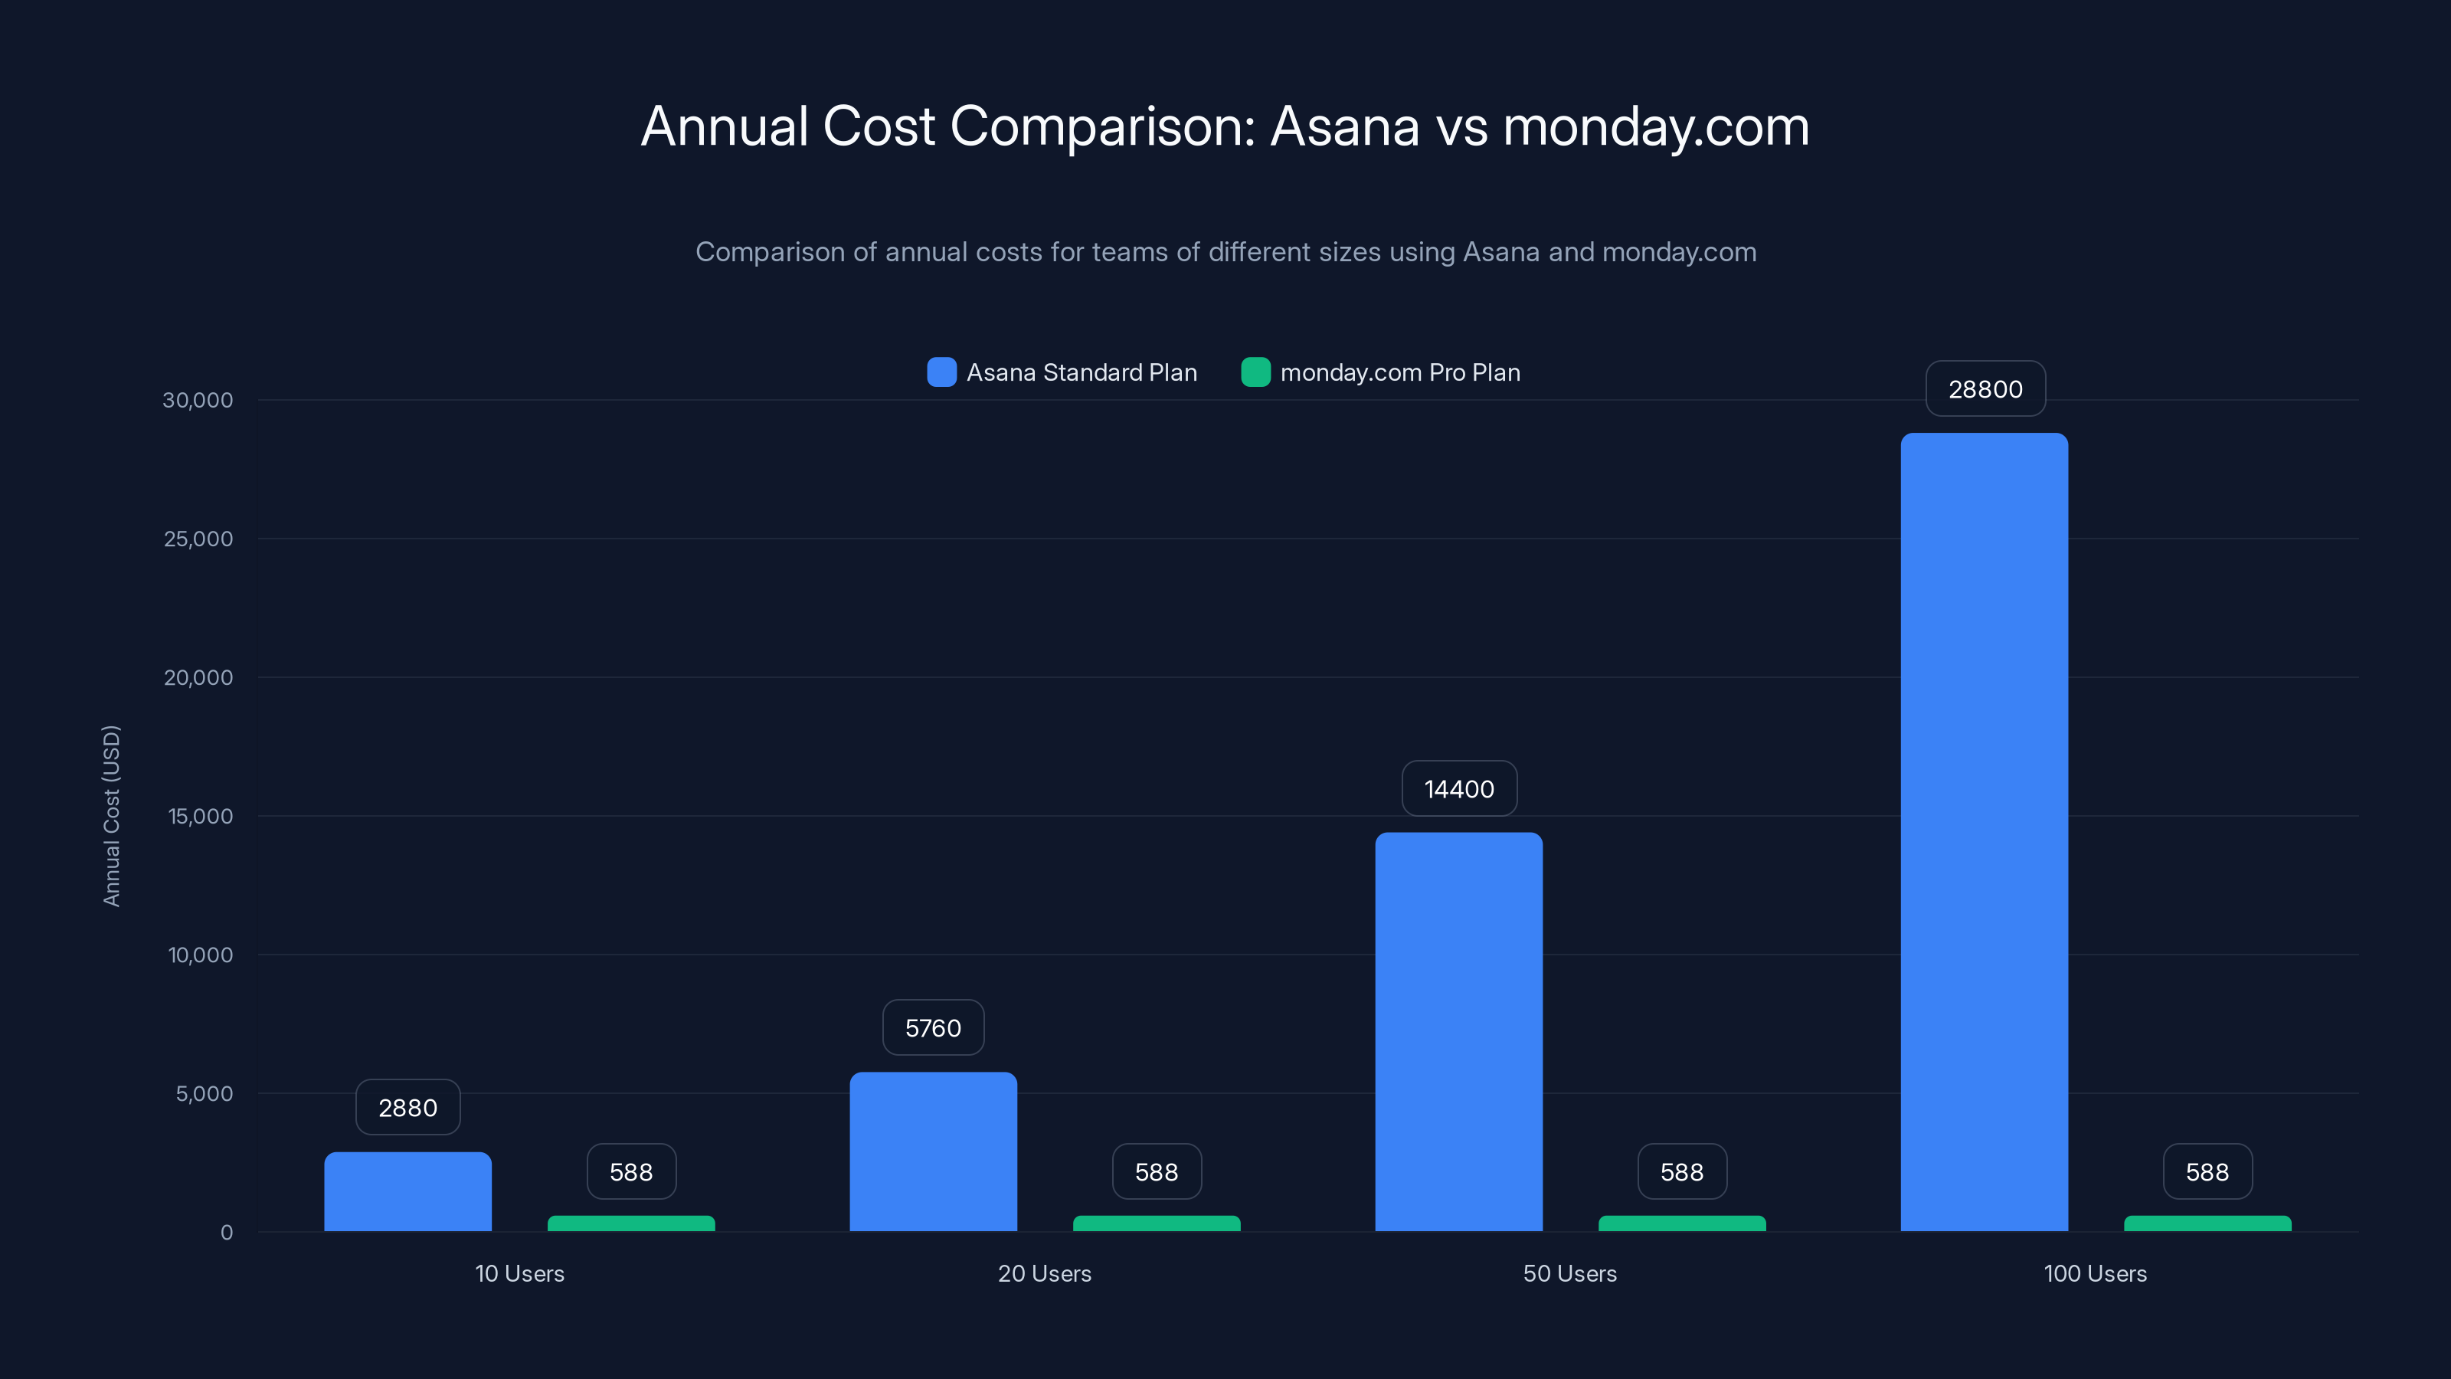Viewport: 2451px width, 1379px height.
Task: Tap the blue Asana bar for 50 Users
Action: [x=1458, y=1032]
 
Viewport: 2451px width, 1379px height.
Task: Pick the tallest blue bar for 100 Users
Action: [x=1984, y=832]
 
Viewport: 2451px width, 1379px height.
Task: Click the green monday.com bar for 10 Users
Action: [x=631, y=1224]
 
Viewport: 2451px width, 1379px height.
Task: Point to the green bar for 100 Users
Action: [x=2207, y=1224]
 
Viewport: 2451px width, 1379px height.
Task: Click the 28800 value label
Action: [x=1985, y=389]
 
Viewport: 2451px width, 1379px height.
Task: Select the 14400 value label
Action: [x=1458, y=789]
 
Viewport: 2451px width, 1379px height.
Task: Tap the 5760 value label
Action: [x=932, y=1028]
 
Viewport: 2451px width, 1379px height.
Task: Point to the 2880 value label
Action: [x=407, y=1108]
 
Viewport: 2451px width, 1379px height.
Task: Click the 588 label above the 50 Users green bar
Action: [x=1681, y=1172]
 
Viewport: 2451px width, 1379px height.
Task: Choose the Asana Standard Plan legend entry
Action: [x=1062, y=372]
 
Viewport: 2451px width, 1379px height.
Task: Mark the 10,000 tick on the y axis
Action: [x=200, y=955]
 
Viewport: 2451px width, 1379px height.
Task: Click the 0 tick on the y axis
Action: [x=227, y=1233]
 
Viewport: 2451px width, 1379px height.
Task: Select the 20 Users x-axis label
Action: [x=1044, y=1273]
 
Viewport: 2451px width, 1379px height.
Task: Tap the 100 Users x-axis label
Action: [x=2095, y=1273]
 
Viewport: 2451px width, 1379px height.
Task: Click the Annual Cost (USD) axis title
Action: [x=111, y=816]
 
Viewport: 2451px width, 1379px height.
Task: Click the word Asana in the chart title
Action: [x=1344, y=126]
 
